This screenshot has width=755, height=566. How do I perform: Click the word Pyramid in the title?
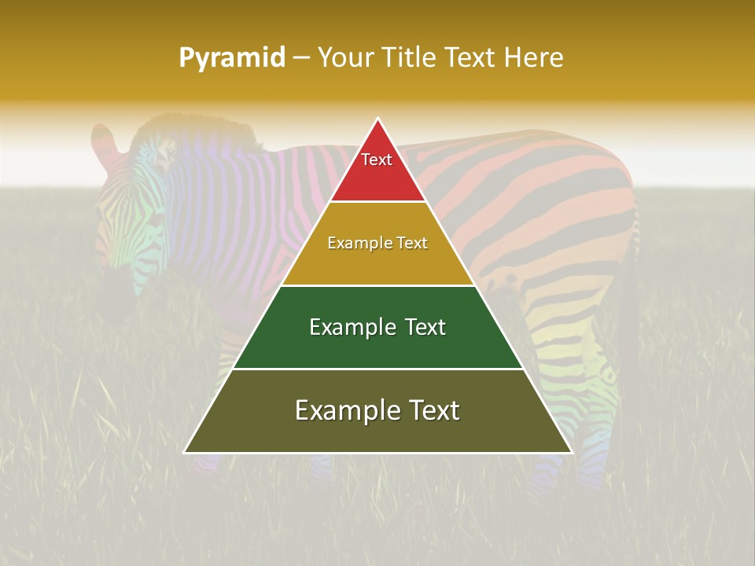[231, 58]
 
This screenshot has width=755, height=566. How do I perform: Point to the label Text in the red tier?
[377, 160]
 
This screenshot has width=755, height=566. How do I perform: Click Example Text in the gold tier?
[377, 243]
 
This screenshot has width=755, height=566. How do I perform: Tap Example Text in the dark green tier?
[377, 327]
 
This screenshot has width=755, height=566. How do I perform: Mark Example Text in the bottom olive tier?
[377, 410]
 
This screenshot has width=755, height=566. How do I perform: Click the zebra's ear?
[104, 141]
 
